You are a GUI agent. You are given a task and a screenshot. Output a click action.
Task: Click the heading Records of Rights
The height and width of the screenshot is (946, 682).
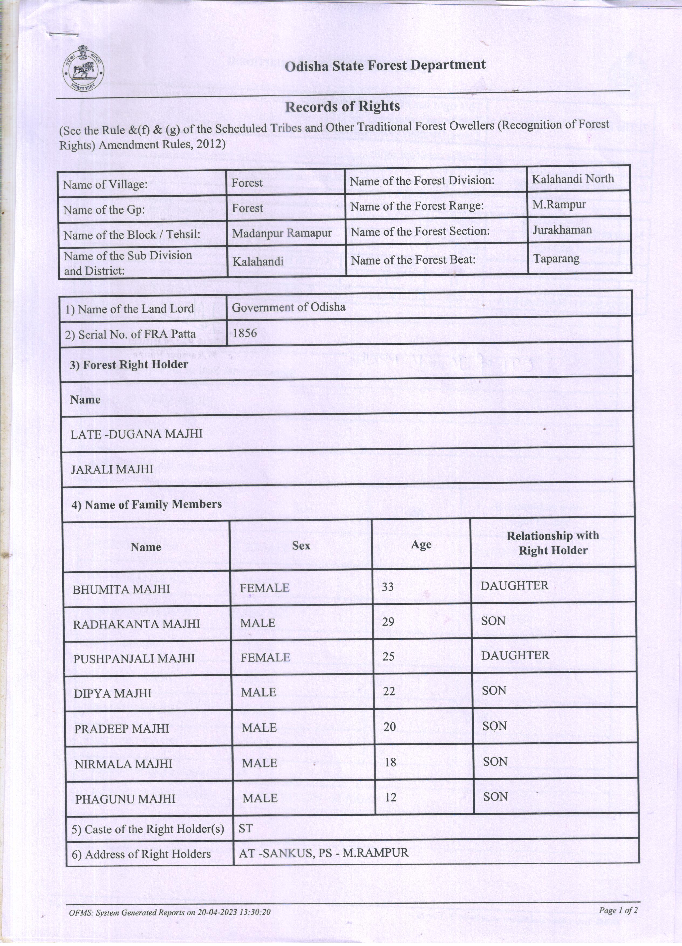coord(342,107)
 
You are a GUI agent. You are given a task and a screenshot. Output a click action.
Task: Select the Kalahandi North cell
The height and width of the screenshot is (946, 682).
coord(573,179)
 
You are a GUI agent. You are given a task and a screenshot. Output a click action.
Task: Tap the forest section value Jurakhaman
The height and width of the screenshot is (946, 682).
coord(562,230)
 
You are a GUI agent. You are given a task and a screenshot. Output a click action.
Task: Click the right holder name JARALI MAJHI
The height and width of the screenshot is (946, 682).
coord(112,469)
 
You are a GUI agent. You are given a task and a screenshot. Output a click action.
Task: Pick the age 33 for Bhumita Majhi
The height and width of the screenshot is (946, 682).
coord(387,587)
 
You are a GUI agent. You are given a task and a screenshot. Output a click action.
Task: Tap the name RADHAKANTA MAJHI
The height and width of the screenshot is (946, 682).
coord(137,624)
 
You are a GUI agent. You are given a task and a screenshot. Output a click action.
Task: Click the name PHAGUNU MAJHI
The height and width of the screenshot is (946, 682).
coord(125,799)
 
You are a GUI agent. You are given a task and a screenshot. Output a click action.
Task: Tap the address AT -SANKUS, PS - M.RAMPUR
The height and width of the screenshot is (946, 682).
coord(323,853)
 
